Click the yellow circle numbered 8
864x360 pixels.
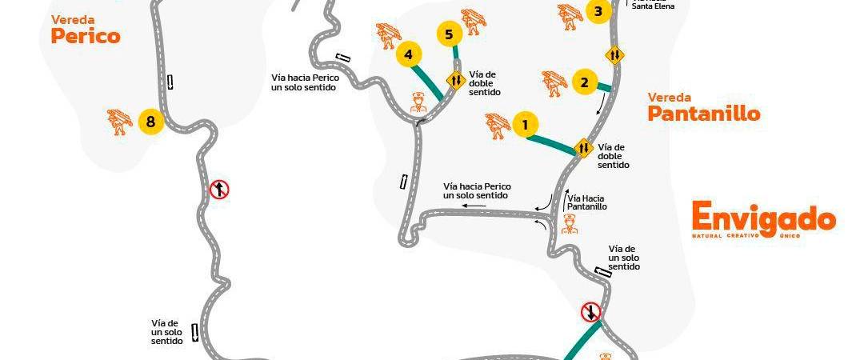coord(150,122)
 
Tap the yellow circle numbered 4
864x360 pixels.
coord(409,54)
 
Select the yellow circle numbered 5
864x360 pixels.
coord(449,34)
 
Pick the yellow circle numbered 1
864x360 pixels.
coord(525,124)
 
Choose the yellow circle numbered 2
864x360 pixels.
coord(585,82)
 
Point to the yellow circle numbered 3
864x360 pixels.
coord(597,11)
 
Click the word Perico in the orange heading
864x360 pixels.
coord(85,36)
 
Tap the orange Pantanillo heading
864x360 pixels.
coord(703,114)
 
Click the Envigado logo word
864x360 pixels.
coord(763,218)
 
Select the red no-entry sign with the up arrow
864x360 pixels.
coord(219,190)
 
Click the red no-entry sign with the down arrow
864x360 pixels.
coord(591,311)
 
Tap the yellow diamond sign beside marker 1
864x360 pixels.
coord(583,148)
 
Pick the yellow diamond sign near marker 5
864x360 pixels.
coord(455,80)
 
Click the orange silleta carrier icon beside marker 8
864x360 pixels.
coord(120,122)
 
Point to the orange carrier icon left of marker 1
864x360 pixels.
coord(497,126)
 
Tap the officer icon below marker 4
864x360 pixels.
coord(418,102)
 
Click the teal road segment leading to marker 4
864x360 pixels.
coord(427,82)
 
